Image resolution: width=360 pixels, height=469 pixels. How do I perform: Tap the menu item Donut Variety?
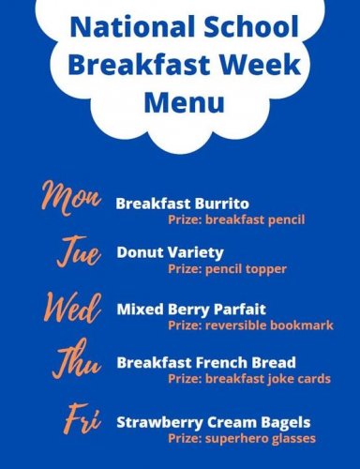170,252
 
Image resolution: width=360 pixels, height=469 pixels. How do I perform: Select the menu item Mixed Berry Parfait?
191,309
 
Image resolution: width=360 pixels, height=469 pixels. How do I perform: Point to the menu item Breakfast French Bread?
206,362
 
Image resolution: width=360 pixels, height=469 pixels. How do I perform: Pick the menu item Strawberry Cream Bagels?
213,422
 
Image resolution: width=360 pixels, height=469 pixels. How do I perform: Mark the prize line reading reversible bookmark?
250,325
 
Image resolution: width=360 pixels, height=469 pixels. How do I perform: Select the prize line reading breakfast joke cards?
248,379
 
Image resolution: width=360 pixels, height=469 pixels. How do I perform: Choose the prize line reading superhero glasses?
242,438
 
